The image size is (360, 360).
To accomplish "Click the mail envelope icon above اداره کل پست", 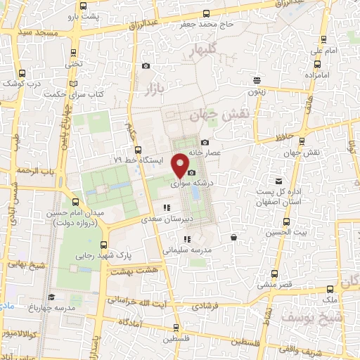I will (279, 181).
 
